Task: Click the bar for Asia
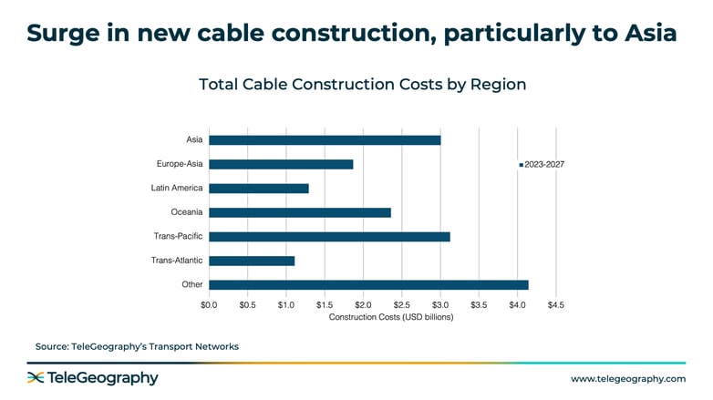click(325, 140)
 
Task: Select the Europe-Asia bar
click(281, 164)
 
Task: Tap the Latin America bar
click(259, 189)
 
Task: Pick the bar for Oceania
click(300, 212)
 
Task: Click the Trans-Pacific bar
click(329, 237)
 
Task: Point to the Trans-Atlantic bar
click(252, 261)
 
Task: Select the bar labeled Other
click(368, 285)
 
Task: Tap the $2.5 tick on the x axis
click(402, 305)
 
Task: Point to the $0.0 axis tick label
click(209, 305)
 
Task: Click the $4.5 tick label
click(555, 305)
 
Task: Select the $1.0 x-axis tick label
click(286, 305)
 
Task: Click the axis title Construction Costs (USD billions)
click(391, 317)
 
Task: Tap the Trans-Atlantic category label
click(177, 261)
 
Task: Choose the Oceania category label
click(186, 212)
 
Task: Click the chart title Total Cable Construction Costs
click(362, 84)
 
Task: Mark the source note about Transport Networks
click(137, 346)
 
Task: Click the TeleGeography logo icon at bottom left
click(36, 378)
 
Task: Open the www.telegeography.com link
click(627, 378)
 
